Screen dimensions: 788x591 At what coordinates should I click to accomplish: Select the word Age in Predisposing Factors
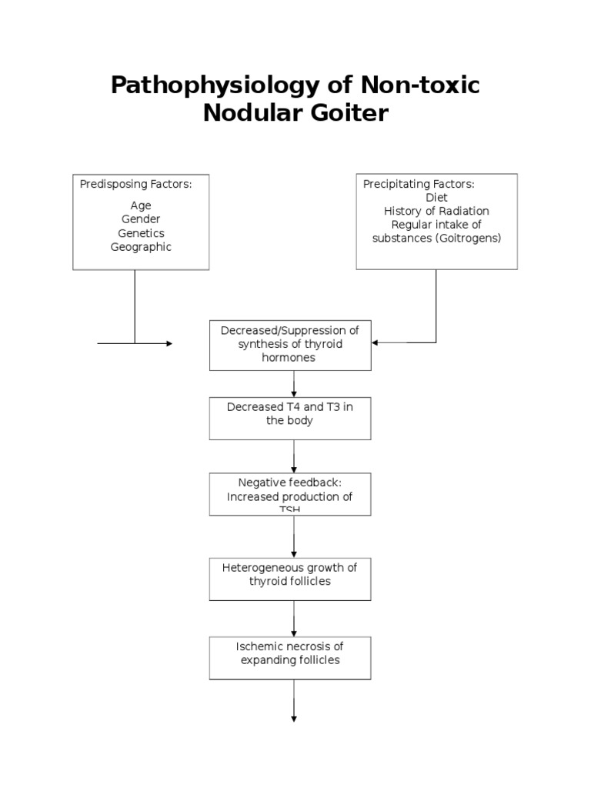click(141, 205)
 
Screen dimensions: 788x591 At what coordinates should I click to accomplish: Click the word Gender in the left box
click(141, 219)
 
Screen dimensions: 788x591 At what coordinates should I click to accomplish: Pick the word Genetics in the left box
click(141, 233)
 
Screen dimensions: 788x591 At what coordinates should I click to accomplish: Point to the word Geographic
click(141, 247)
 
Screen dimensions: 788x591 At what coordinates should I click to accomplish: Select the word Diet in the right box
click(436, 197)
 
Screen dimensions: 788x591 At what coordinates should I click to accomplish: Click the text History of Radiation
click(436, 211)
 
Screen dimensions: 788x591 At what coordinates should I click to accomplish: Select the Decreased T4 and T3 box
click(290, 418)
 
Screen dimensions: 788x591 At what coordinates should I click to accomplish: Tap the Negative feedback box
click(290, 493)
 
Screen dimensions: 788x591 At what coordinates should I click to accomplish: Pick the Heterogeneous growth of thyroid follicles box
click(290, 578)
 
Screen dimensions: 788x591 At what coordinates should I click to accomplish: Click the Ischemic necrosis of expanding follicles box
click(290, 656)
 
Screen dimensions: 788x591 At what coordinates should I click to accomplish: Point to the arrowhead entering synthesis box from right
click(376, 343)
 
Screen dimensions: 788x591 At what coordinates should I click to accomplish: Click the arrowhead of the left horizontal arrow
click(169, 343)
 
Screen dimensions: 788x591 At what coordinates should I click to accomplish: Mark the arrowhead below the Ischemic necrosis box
click(294, 718)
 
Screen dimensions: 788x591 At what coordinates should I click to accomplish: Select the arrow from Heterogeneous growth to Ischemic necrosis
click(294, 619)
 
